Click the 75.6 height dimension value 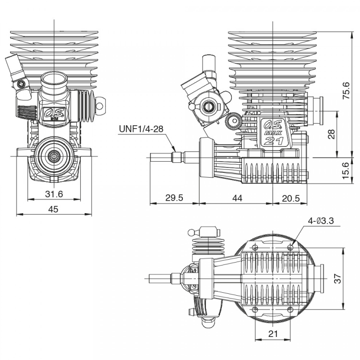(346, 91)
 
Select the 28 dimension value (332, 134)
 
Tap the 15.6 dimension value (346, 170)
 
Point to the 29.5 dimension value (174, 197)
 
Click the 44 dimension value (237, 198)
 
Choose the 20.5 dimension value (291, 198)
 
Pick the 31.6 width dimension (54, 194)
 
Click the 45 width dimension (53, 209)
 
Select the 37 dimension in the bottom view (337, 278)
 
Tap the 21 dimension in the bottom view (273, 334)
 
